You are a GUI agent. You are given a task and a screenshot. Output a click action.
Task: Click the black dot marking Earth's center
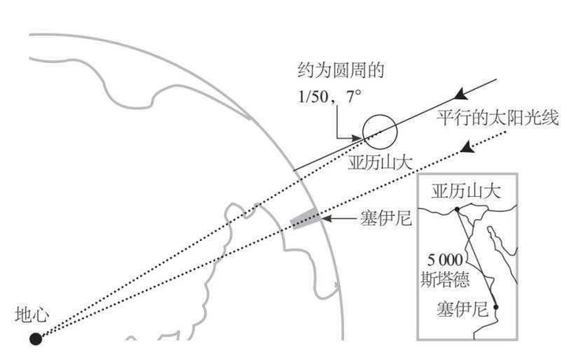tap(35, 339)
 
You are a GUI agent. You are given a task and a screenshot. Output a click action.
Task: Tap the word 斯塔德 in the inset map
tap(445, 277)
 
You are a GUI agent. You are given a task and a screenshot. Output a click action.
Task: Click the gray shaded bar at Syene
tap(305, 218)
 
